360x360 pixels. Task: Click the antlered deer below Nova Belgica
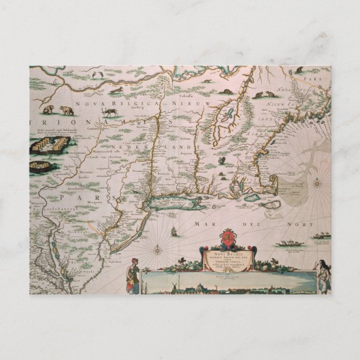[x=109, y=111]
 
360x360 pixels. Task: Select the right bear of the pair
[x=67, y=111]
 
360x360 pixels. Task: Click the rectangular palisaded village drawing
[x=50, y=145]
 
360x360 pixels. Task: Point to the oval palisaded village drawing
[x=42, y=166]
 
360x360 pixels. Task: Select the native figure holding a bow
[x=324, y=274]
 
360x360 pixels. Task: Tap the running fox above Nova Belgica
[x=118, y=89]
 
